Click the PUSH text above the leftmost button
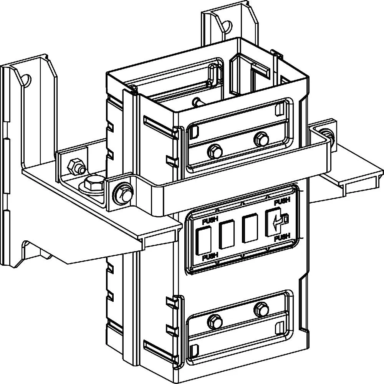[210, 221]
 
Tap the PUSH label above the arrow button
[282, 202]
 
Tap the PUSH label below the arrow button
[282, 237]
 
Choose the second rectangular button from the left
[227, 234]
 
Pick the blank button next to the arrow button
[250, 228]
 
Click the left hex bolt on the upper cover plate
[215, 152]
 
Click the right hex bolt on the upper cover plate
[261, 139]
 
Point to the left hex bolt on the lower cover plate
[215, 322]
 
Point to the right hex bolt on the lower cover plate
[261, 309]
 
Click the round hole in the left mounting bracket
[26, 79]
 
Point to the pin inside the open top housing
[198, 102]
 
